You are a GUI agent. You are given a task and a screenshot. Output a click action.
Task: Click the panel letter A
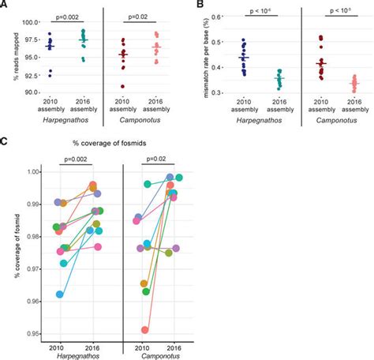point(6,6)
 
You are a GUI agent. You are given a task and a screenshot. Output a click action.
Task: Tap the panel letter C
point(6,141)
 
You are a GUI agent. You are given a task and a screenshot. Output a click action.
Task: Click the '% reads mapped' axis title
point(10,56)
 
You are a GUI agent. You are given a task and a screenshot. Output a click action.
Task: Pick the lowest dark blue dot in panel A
point(50,74)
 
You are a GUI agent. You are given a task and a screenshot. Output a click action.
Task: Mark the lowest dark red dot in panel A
point(122,86)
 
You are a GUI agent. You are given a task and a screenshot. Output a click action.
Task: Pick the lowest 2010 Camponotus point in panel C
point(144,330)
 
